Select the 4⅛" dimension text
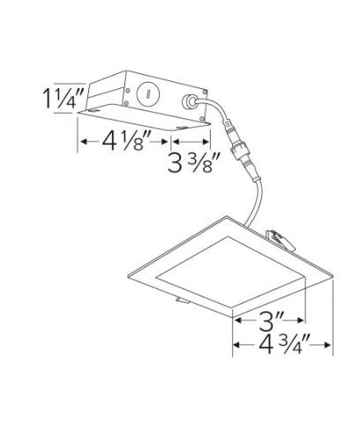pos(127,140)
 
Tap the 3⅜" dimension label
pos(194,161)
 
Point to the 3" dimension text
pos(270,320)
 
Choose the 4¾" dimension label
pos(284,344)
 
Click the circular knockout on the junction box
pos(147,93)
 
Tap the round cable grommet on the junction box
pos(189,102)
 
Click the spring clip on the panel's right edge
pos(280,240)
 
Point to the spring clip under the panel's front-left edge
pos(183,300)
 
